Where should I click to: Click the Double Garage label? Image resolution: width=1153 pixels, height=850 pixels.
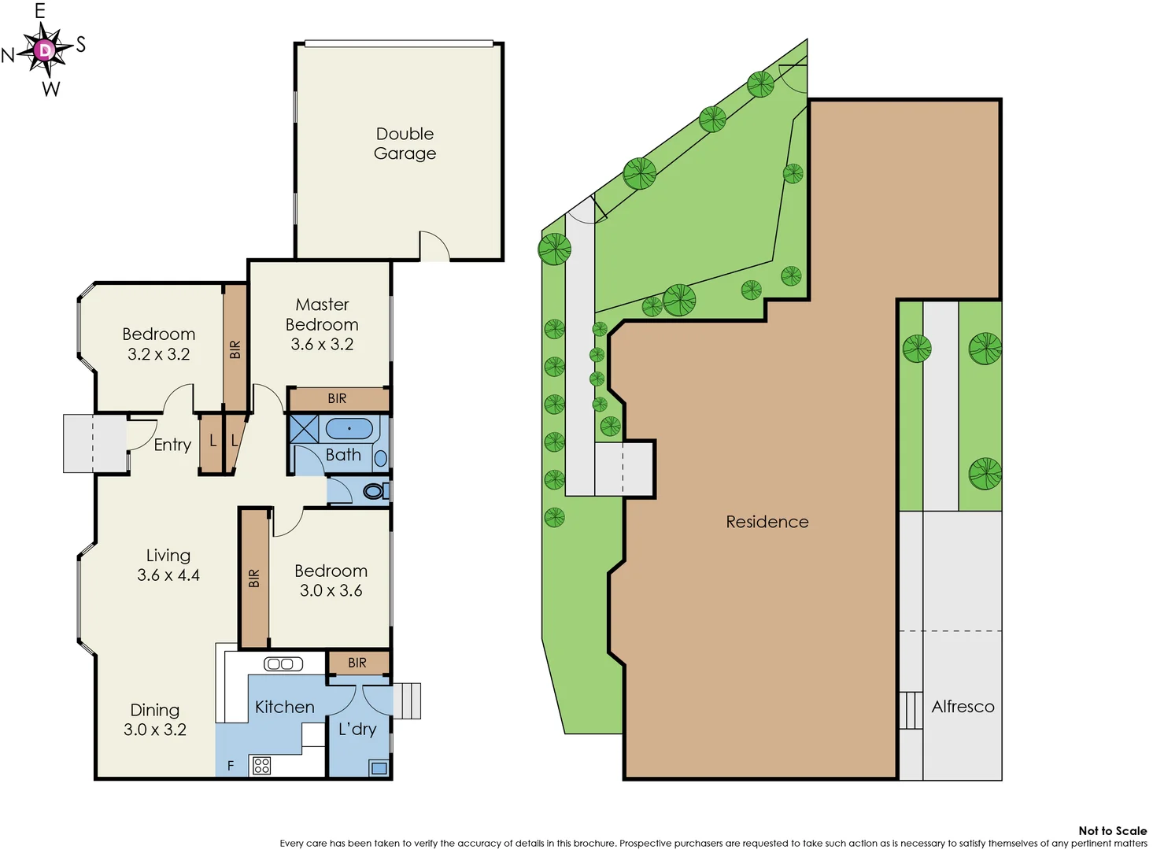(405, 143)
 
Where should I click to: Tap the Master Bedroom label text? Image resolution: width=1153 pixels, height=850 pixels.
(322, 323)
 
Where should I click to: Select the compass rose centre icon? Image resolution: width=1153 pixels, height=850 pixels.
(45, 50)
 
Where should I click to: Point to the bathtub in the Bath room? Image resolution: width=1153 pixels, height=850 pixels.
(349, 429)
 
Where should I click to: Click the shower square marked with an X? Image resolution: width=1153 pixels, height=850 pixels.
(304, 429)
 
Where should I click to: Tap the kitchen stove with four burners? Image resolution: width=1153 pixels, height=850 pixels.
(262, 765)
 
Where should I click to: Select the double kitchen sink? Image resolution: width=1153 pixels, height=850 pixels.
(283, 663)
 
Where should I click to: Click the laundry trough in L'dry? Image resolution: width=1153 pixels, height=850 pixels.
(379, 768)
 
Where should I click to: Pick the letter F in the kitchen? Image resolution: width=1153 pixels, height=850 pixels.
(231, 766)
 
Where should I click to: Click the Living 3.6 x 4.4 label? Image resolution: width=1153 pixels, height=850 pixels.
(168, 565)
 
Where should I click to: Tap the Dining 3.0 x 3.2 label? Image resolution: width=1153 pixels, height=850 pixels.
(155, 719)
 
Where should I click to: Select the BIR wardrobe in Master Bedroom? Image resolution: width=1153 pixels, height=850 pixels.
(338, 399)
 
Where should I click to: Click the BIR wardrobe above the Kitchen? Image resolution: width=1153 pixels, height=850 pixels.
(357, 663)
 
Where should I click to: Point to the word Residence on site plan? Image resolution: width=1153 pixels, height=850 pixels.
(767, 522)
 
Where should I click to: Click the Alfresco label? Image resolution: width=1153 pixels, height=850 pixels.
(963, 707)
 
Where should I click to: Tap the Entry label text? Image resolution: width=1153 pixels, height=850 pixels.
(172, 445)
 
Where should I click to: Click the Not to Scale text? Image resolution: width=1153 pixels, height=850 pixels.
(1112, 830)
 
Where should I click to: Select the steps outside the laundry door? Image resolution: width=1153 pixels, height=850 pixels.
(407, 700)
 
